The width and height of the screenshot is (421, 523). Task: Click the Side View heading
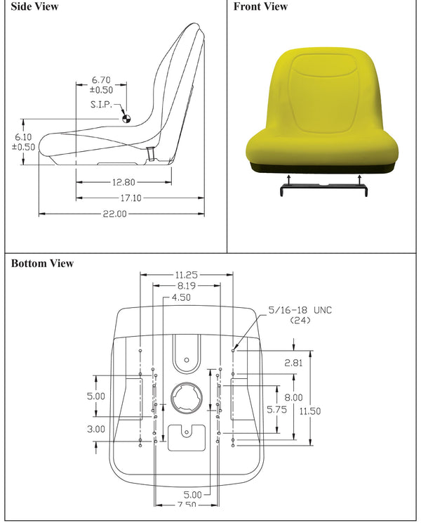[x=34, y=7]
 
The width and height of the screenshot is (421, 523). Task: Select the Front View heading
[x=260, y=7]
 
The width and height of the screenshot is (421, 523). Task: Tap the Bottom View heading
[x=42, y=264]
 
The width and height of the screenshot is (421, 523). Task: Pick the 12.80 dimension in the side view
[x=123, y=182]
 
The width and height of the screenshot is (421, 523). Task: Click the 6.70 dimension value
[x=101, y=80]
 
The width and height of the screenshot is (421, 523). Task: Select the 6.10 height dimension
[x=23, y=137]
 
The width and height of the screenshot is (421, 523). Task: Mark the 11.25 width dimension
[x=186, y=276]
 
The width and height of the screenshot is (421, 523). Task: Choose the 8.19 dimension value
[x=186, y=287]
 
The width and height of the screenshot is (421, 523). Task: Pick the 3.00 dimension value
[x=96, y=429]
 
